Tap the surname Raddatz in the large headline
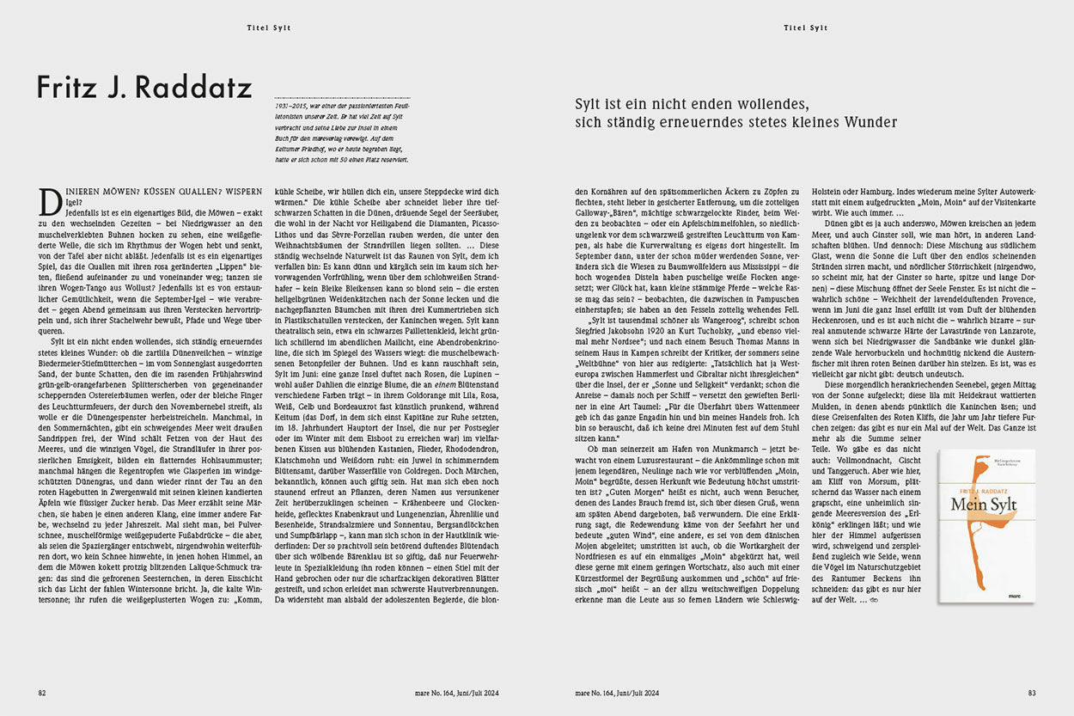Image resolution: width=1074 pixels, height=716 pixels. (198, 88)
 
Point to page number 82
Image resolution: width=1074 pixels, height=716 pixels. (41, 693)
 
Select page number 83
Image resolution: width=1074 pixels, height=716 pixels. (1032, 693)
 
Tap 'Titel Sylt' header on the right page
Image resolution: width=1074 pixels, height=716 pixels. (805, 28)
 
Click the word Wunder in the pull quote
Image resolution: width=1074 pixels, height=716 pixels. (867, 123)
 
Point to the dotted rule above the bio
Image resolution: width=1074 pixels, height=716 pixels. (341, 97)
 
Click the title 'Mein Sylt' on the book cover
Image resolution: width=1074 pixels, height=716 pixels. (984, 504)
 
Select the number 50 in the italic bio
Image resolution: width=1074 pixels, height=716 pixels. (345, 159)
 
